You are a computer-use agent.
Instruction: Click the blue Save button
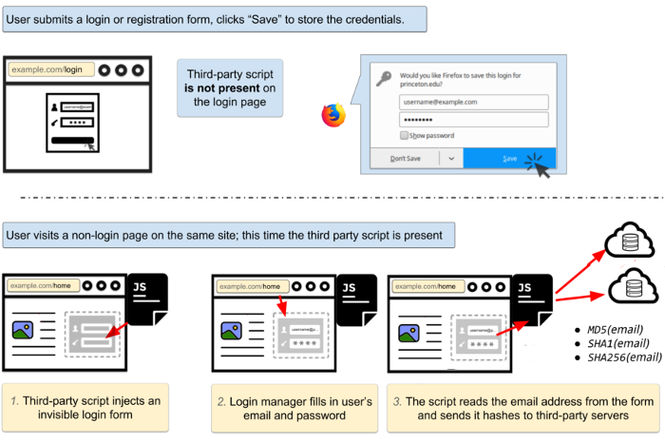tap(510, 159)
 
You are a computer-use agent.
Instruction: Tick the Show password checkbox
tap(405, 136)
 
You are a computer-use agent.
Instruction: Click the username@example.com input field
tap(474, 102)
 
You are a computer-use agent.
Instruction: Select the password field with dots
tap(474, 120)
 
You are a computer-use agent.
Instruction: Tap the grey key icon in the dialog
tap(384, 79)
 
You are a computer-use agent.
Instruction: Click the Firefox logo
tap(333, 115)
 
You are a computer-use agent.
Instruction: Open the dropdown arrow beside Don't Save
tap(451, 159)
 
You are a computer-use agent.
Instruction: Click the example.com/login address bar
tap(47, 69)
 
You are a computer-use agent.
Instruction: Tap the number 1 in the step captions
tap(13, 401)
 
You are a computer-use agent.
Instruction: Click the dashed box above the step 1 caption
tap(92, 334)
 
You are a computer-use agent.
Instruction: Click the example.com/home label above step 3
tap(427, 286)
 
